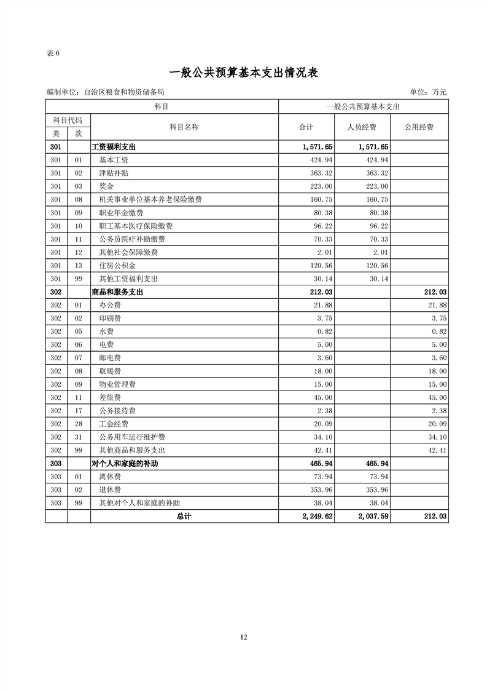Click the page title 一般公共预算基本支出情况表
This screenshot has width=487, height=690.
pyautogui.click(x=243, y=73)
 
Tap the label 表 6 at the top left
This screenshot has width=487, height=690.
pyautogui.click(x=53, y=53)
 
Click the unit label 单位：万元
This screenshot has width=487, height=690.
pyautogui.click(x=428, y=92)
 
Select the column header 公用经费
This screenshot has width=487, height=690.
pyautogui.click(x=419, y=127)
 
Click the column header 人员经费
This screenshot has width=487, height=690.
pyautogui.click(x=362, y=127)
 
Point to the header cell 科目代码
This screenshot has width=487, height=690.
pyautogui.click(x=68, y=121)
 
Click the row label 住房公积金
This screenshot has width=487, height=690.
pyautogui.click(x=115, y=266)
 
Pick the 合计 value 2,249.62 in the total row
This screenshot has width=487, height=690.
pyautogui.click(x=317, y=517)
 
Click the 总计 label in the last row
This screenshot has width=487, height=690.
pyautogui.click(x=184, y=517)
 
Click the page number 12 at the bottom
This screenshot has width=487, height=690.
pyautogui.click(x=243, y=636)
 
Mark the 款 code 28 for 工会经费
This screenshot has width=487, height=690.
pyautogui.click(x=78, y=424)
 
